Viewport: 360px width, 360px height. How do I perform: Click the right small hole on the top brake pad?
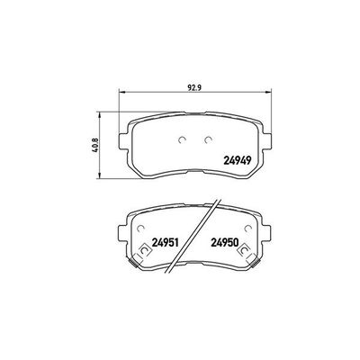pos(208,139)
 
